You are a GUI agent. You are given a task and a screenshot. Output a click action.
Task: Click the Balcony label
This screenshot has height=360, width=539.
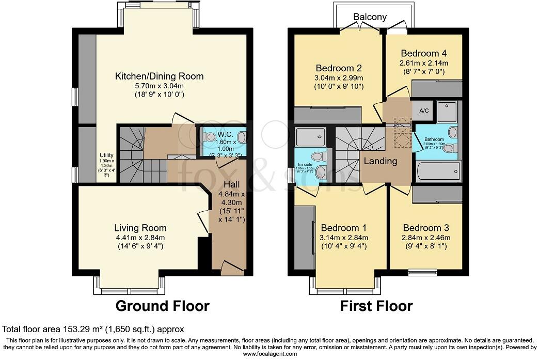pos(370,17)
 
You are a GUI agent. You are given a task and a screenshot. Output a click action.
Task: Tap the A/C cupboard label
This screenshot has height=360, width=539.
pos(424,111)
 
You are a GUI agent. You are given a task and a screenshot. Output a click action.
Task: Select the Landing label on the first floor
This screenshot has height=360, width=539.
pos(381,161)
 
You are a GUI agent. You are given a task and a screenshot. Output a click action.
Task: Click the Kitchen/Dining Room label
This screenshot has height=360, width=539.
pos(159,76)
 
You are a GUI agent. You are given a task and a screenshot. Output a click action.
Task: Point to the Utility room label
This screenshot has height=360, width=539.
pos(106,155)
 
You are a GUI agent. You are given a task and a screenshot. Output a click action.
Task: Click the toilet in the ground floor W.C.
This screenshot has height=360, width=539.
pos(210,137)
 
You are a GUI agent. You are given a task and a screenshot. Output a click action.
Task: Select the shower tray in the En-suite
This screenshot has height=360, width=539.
pos(311,137)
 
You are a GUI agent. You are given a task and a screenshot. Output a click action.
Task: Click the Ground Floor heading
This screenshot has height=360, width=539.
pos(162,306)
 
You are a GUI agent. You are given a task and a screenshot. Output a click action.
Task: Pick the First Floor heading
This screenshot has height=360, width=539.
pos(376,306)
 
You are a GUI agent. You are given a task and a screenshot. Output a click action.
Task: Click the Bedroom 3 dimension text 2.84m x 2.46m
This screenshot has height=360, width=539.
pos(426,238)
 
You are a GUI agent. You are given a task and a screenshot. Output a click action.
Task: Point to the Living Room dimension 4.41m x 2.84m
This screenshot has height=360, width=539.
pos(140,238)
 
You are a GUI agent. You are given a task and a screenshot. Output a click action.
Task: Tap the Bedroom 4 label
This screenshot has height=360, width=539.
pos(423,53)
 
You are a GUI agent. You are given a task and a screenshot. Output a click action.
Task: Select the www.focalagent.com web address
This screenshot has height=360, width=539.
pos(269,354)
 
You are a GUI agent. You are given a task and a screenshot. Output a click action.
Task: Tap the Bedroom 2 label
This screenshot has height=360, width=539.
pos(338,68)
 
